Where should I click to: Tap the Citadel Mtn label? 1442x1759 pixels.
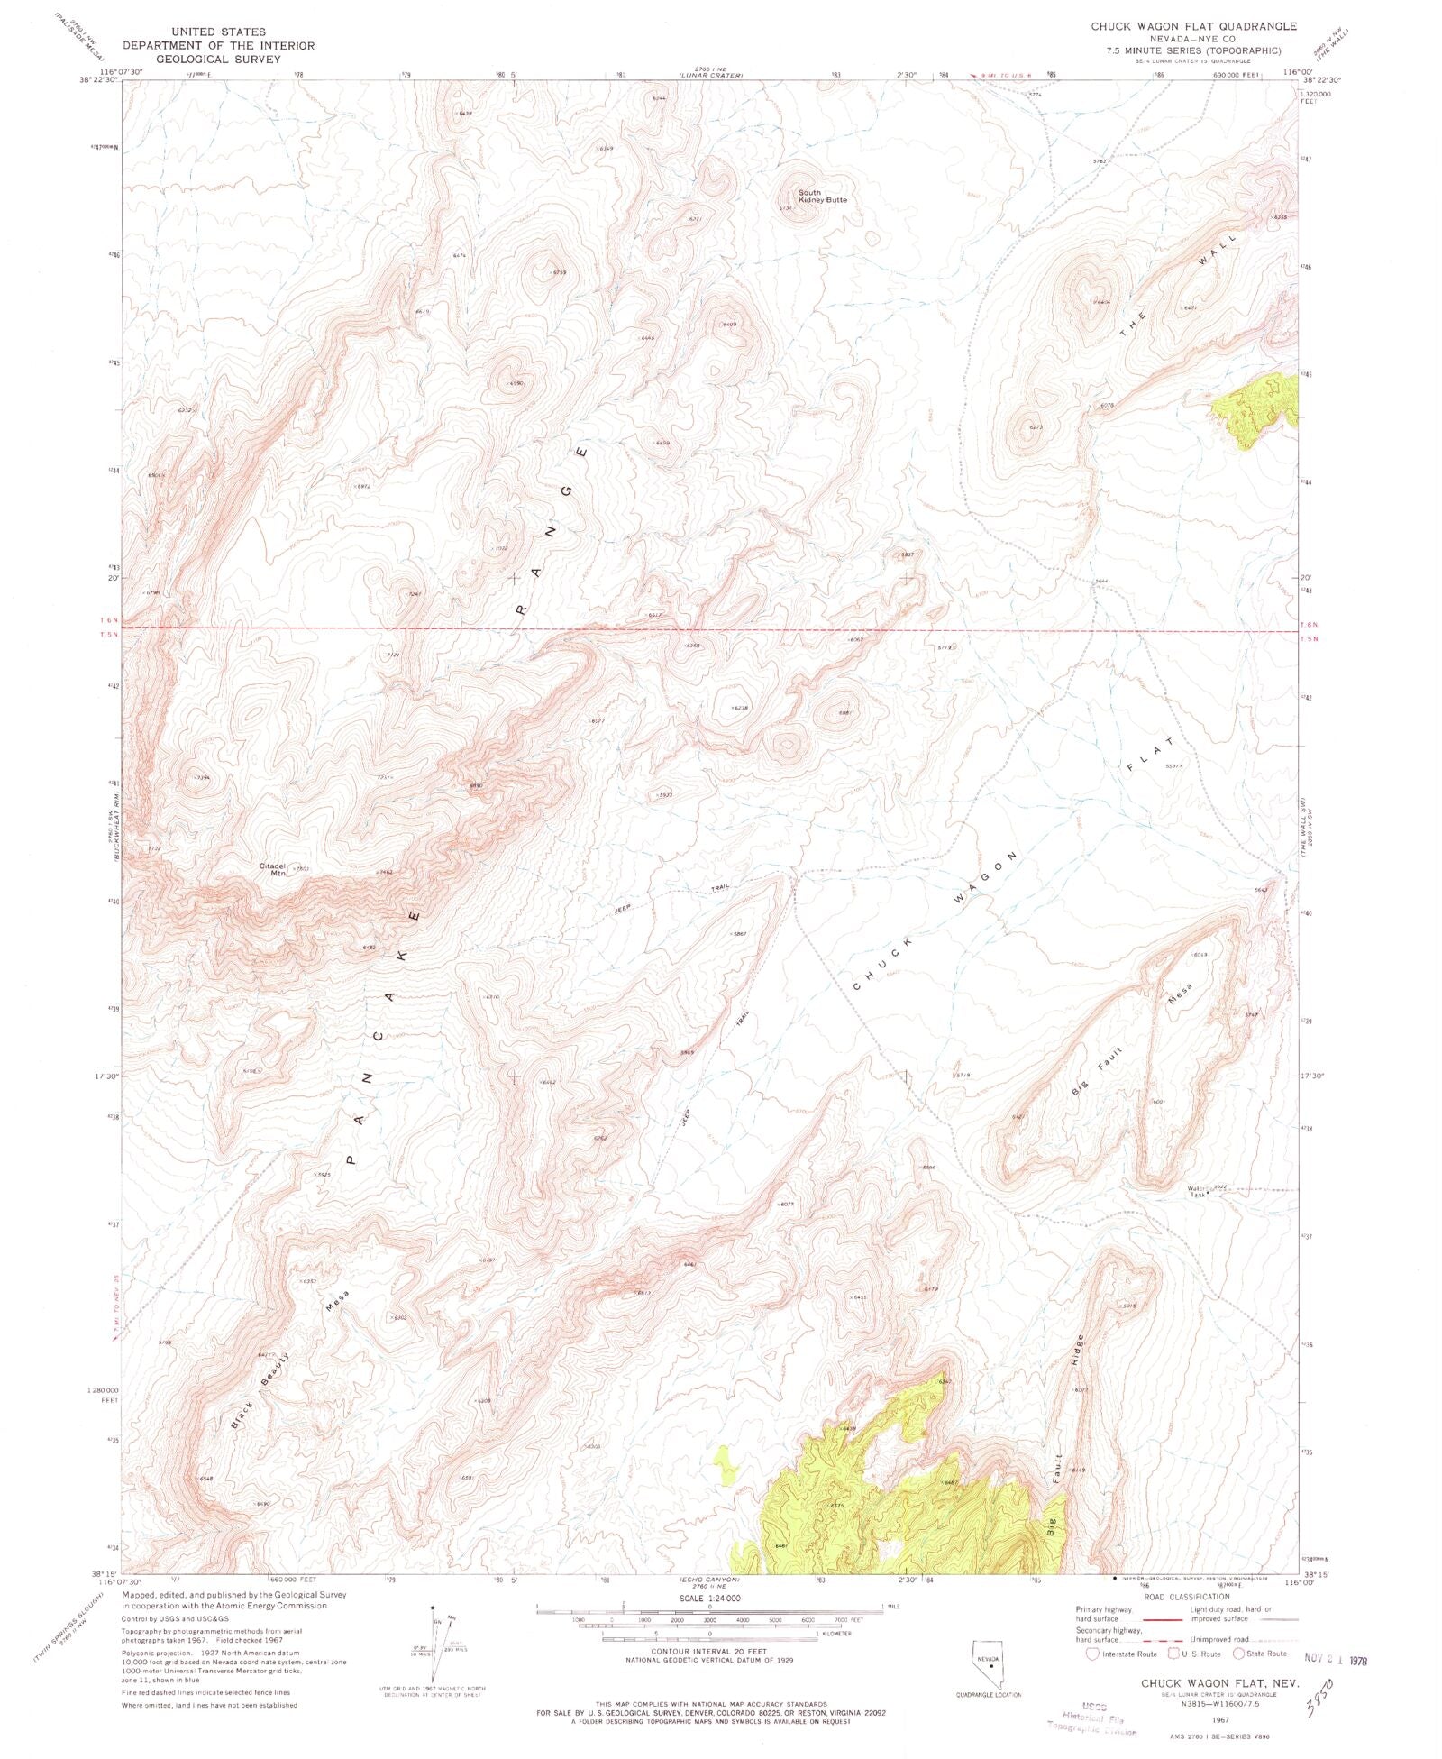coord(272,869)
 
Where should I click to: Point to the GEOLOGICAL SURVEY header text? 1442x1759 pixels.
coord(218,59)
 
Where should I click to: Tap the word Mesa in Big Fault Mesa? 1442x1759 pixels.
coord(1180,994)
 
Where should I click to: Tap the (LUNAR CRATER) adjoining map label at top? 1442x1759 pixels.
coord(710,75)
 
